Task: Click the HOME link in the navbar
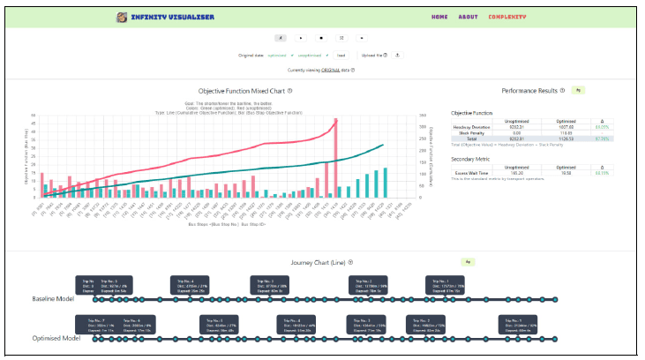439,17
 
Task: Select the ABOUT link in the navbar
468,17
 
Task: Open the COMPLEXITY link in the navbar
507,17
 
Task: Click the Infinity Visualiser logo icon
121,17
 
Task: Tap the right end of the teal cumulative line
382,145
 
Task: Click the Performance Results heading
529,91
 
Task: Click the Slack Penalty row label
465,132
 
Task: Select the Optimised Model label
55,339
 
